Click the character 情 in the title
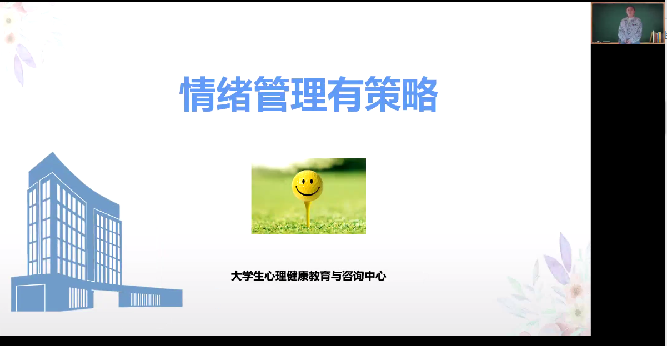[198, 94]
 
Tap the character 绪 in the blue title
[234, 94]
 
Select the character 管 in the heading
[272, 94]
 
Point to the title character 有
[345, 94]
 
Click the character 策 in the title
[383, 94]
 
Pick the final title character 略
[419, 94]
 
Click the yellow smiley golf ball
[307, 185]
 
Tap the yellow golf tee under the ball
[308, 214]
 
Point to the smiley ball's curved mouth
[307, 192]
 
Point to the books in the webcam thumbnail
[656, 37]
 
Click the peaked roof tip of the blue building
[53, 152]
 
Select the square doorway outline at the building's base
[31, 298]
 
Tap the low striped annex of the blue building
[151, 298]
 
